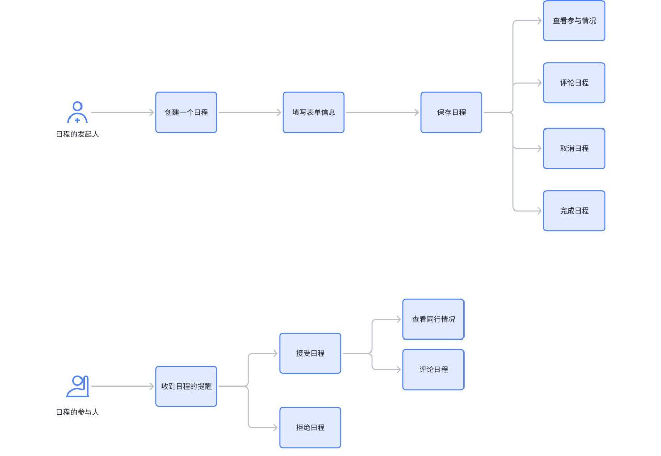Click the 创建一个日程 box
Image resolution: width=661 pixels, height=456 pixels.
[x=186, y=112]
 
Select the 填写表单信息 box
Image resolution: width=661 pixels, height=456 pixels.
[x=314, y=112]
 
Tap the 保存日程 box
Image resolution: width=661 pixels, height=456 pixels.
[x=451, y=112]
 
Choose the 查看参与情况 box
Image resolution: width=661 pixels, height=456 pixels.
[x=574, y=21]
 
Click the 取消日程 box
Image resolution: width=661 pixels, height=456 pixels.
[x=574, y=148]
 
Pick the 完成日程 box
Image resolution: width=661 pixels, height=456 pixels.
[x=574, y=211]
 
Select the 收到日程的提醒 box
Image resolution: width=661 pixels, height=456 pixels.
[x=186, y=387]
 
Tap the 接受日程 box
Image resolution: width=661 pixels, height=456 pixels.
[x=310, y=353]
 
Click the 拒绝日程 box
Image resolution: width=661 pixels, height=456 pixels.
[x=310, y=427]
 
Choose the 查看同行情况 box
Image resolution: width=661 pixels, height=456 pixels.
[x=433, y=319]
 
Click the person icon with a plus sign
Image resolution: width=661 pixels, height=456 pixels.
[x=77, y=112]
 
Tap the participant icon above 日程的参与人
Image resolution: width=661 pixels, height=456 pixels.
[x=78, y=387]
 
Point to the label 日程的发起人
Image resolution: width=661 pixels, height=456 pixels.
[x=77, y=134]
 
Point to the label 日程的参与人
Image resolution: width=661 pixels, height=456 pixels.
[x=77, y=412]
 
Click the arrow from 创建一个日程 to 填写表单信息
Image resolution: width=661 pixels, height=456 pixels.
[x=250, y=112]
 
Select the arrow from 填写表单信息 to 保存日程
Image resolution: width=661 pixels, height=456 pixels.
[x=382, y=112]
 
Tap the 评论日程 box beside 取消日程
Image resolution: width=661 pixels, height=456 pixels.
[x=574, y=83]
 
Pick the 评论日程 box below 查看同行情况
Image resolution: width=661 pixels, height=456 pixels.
[x=433, y=369]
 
